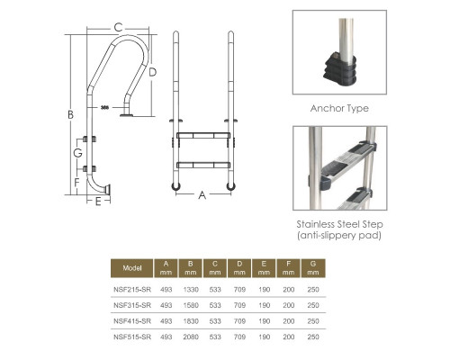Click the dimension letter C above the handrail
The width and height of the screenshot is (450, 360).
(118, 27)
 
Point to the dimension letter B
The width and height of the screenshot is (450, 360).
(70, 114)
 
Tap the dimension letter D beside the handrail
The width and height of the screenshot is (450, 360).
(152, 72)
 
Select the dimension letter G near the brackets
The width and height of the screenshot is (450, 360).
(77, 153)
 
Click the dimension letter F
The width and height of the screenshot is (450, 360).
(76, 182)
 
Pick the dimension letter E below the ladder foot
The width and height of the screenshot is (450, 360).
(98, 202)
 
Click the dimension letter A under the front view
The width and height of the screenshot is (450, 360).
(202, 195)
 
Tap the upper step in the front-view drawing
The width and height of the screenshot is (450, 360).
(203, 136)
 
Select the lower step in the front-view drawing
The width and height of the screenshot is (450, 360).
(203, 165)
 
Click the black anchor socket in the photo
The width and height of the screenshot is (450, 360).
(340, 69)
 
